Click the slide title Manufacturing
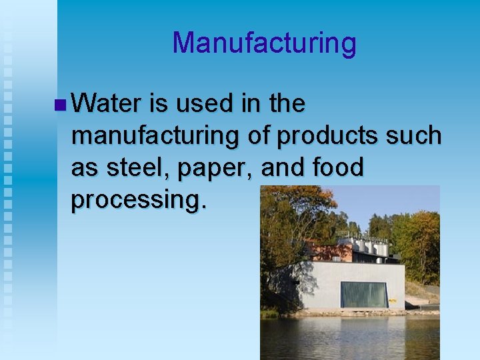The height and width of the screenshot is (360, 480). (264, 43)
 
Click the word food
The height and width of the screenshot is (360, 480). (337, 167)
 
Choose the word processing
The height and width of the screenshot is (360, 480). (139, 201)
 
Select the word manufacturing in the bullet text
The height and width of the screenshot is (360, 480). (155, 136)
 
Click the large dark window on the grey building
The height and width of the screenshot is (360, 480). (364, 294)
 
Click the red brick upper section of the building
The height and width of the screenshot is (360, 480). (333, 252)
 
